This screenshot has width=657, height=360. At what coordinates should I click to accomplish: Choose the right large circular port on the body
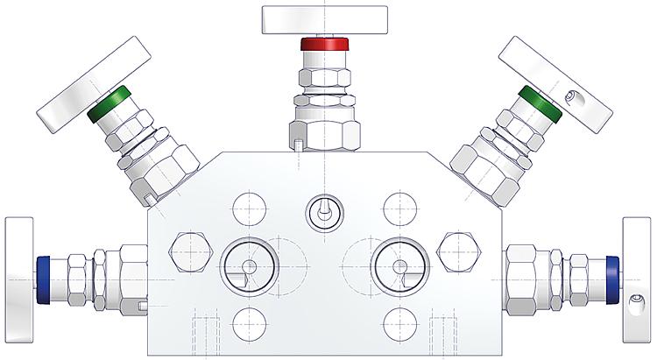[399, 266]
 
